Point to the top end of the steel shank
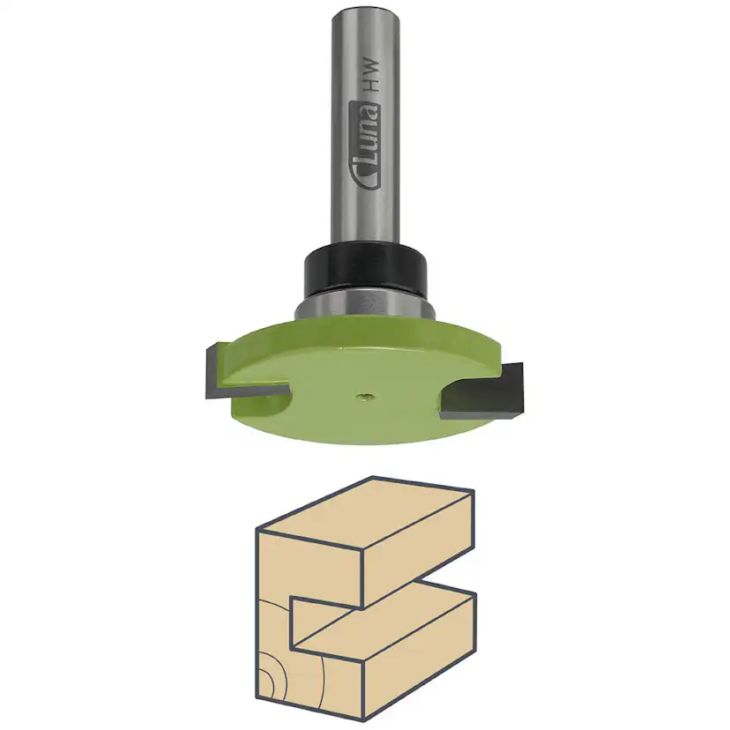coord(364,11)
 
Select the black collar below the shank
coord(365,270)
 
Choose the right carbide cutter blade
coord(490,393)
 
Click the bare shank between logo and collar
coord(365,212)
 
